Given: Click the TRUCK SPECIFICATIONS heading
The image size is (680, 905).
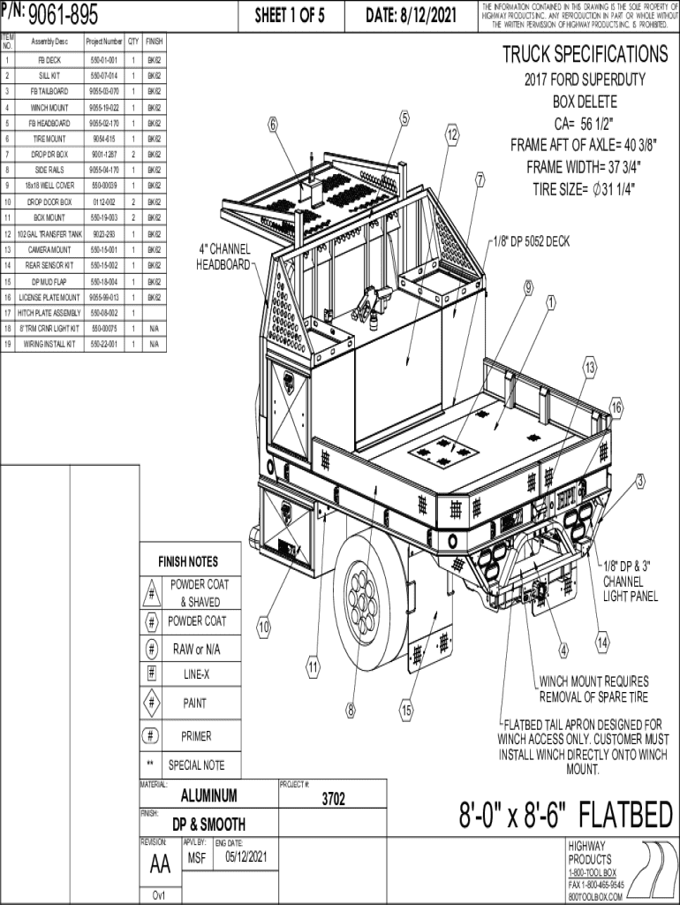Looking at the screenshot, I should [585, 54].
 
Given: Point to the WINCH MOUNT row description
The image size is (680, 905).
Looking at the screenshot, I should [49, 107].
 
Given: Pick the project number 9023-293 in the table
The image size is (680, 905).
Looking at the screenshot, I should [104, 234].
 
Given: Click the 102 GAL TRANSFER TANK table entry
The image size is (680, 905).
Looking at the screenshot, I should [49, 234].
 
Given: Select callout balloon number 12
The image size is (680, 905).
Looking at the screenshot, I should [452, 135].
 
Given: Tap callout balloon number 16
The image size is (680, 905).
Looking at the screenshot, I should [616, 407].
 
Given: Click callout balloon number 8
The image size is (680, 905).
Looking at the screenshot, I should [351, 709].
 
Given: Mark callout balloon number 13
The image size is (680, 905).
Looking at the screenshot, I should [590, 368].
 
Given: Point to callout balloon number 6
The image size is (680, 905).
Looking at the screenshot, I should [274, 125].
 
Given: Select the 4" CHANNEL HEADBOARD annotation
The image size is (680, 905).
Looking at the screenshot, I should [223, 257].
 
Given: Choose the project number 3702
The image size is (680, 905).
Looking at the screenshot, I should [333, 800].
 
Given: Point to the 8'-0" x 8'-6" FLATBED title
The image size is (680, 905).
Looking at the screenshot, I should [565, 815].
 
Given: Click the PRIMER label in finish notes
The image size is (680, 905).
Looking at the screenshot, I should [196, 735].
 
